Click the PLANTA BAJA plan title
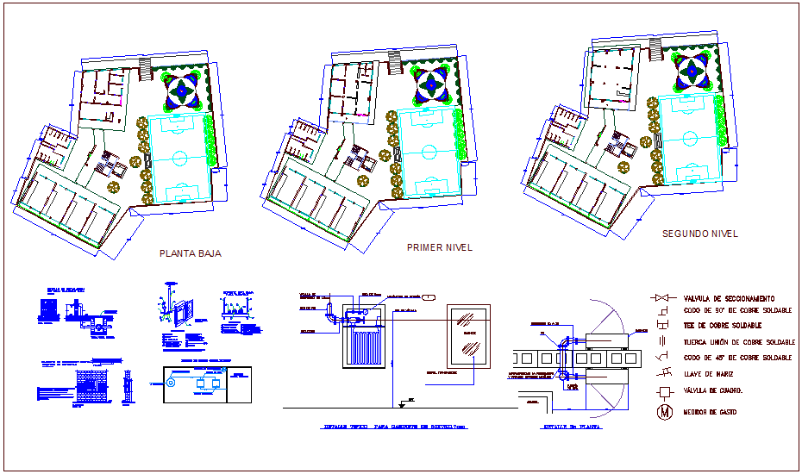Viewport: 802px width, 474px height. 191,254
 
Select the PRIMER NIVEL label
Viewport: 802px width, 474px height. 439,247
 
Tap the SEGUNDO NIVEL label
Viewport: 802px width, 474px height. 699,234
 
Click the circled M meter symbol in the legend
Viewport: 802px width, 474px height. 664,412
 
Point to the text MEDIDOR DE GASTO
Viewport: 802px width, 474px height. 711,412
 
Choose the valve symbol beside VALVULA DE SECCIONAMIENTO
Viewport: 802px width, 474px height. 662,298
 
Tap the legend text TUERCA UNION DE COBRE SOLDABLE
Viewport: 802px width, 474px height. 738,342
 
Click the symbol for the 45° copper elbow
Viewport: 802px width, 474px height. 662,356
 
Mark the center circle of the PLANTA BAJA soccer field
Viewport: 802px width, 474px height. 179,158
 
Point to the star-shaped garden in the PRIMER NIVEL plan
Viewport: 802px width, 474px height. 431,84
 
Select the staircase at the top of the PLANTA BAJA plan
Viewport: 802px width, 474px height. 145,68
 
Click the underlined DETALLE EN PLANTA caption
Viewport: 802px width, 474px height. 569,426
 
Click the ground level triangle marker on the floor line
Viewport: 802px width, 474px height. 403,402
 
